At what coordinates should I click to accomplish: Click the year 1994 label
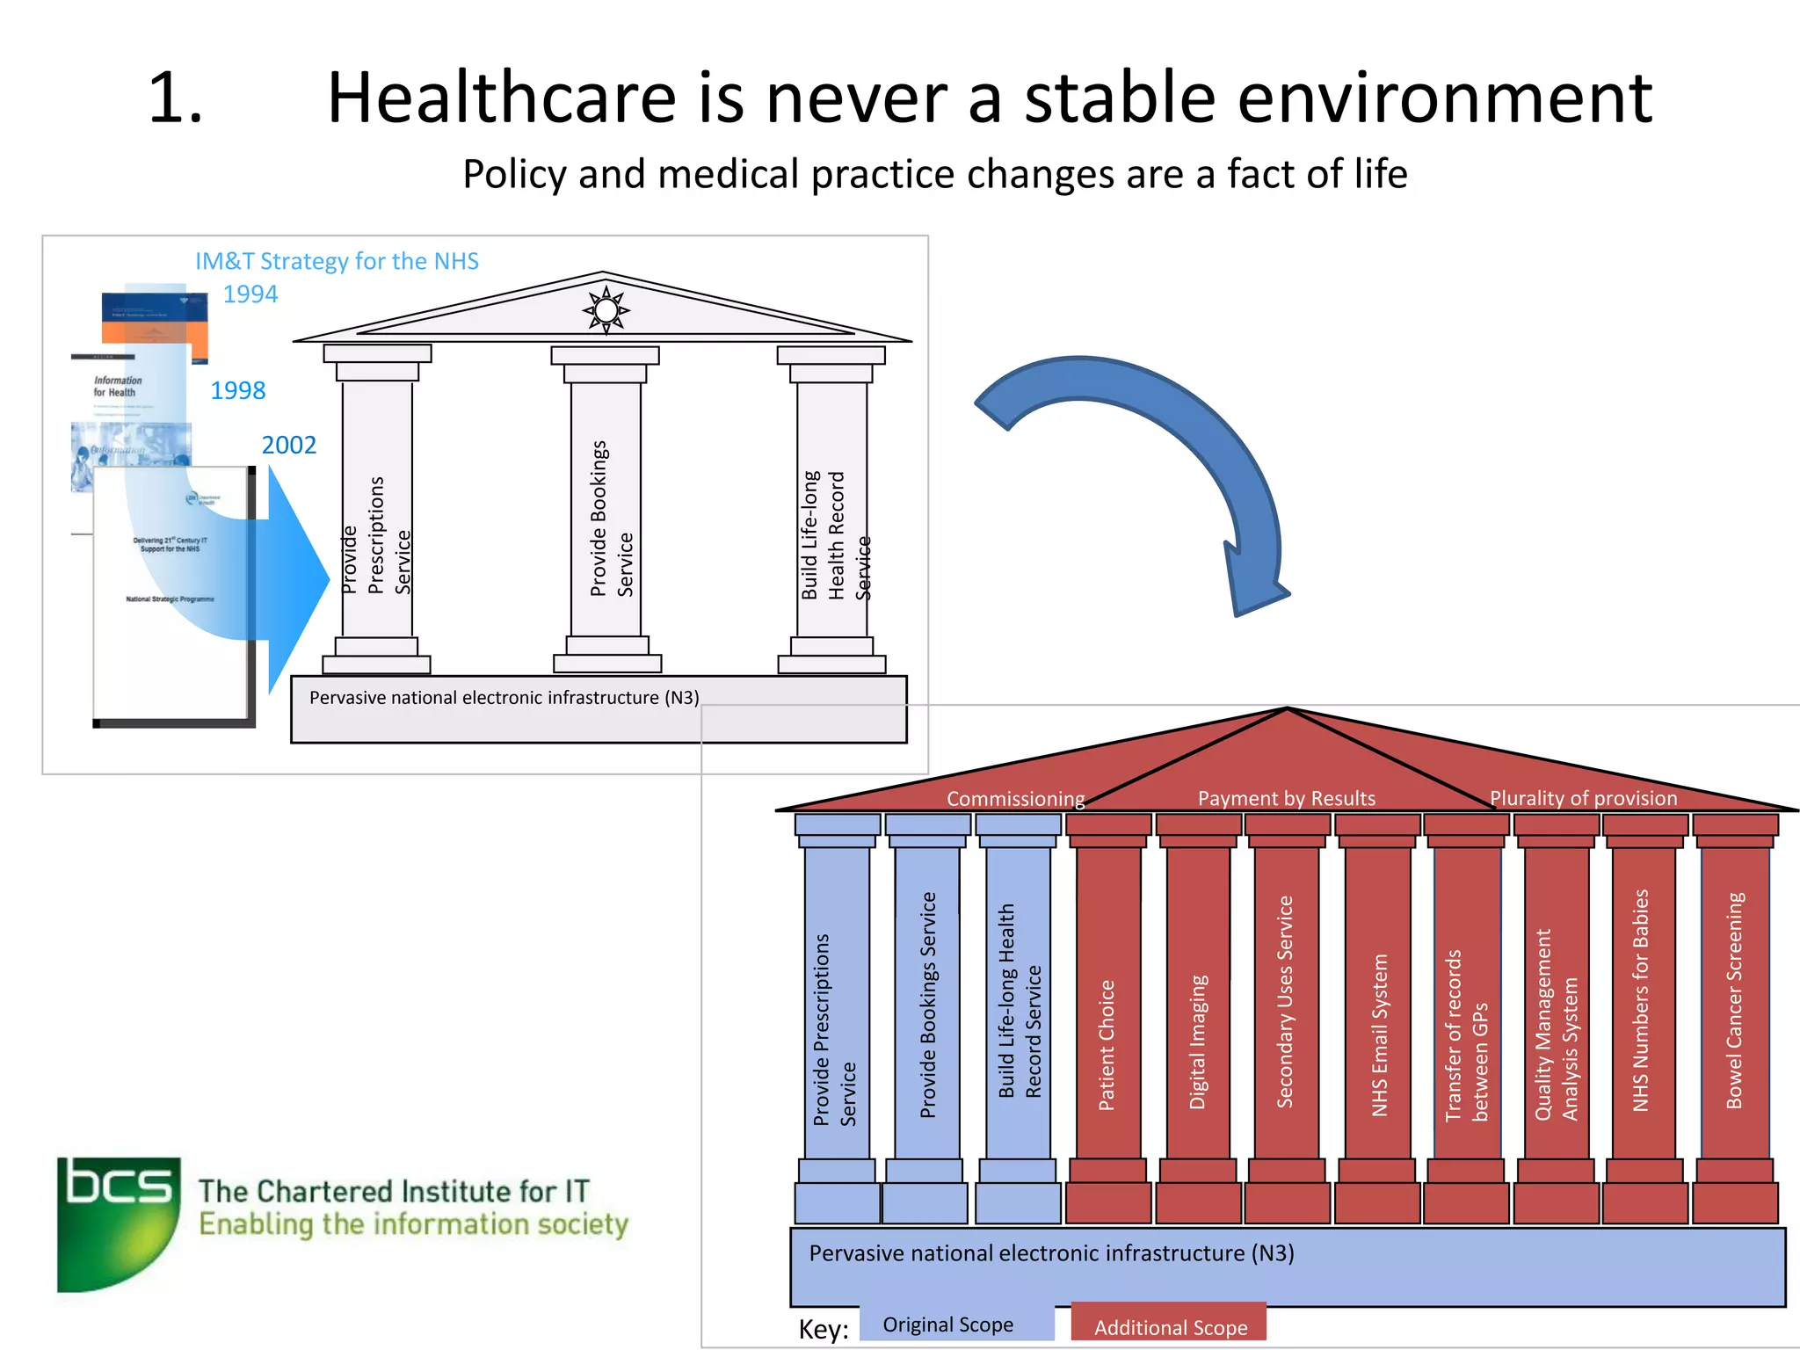tap(250, 294)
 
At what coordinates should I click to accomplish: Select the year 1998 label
tap(237, 390)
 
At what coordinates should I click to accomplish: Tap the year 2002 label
tap(288, 445)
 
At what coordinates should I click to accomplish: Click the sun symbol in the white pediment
tap(606, 310)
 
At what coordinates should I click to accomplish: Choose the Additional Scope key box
tap(1169, 1326)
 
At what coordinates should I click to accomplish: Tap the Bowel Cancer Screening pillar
tap(1734, 1002)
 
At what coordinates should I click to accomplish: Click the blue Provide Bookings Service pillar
tap(927, 1002)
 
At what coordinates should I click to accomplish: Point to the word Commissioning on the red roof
tap(1015, 798)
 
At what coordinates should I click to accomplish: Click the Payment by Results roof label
tap(1286, 798)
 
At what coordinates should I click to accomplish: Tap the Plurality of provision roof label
tap(1583, 798)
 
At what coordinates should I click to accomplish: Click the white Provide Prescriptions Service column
tap(377, 510)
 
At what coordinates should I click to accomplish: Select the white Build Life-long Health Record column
tap(831, 510)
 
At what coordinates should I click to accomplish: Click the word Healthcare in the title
tap(502, 98)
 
